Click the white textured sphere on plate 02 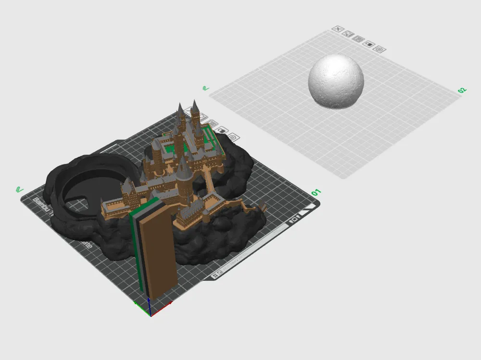tap(336, 80)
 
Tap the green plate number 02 tap(462, 90)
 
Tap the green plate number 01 tap(316, 193)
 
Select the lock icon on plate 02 tap(368, 44)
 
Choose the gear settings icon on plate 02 tap(379, 49)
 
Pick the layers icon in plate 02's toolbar tap(357, 39)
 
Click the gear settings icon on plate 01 tap(232, 137)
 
